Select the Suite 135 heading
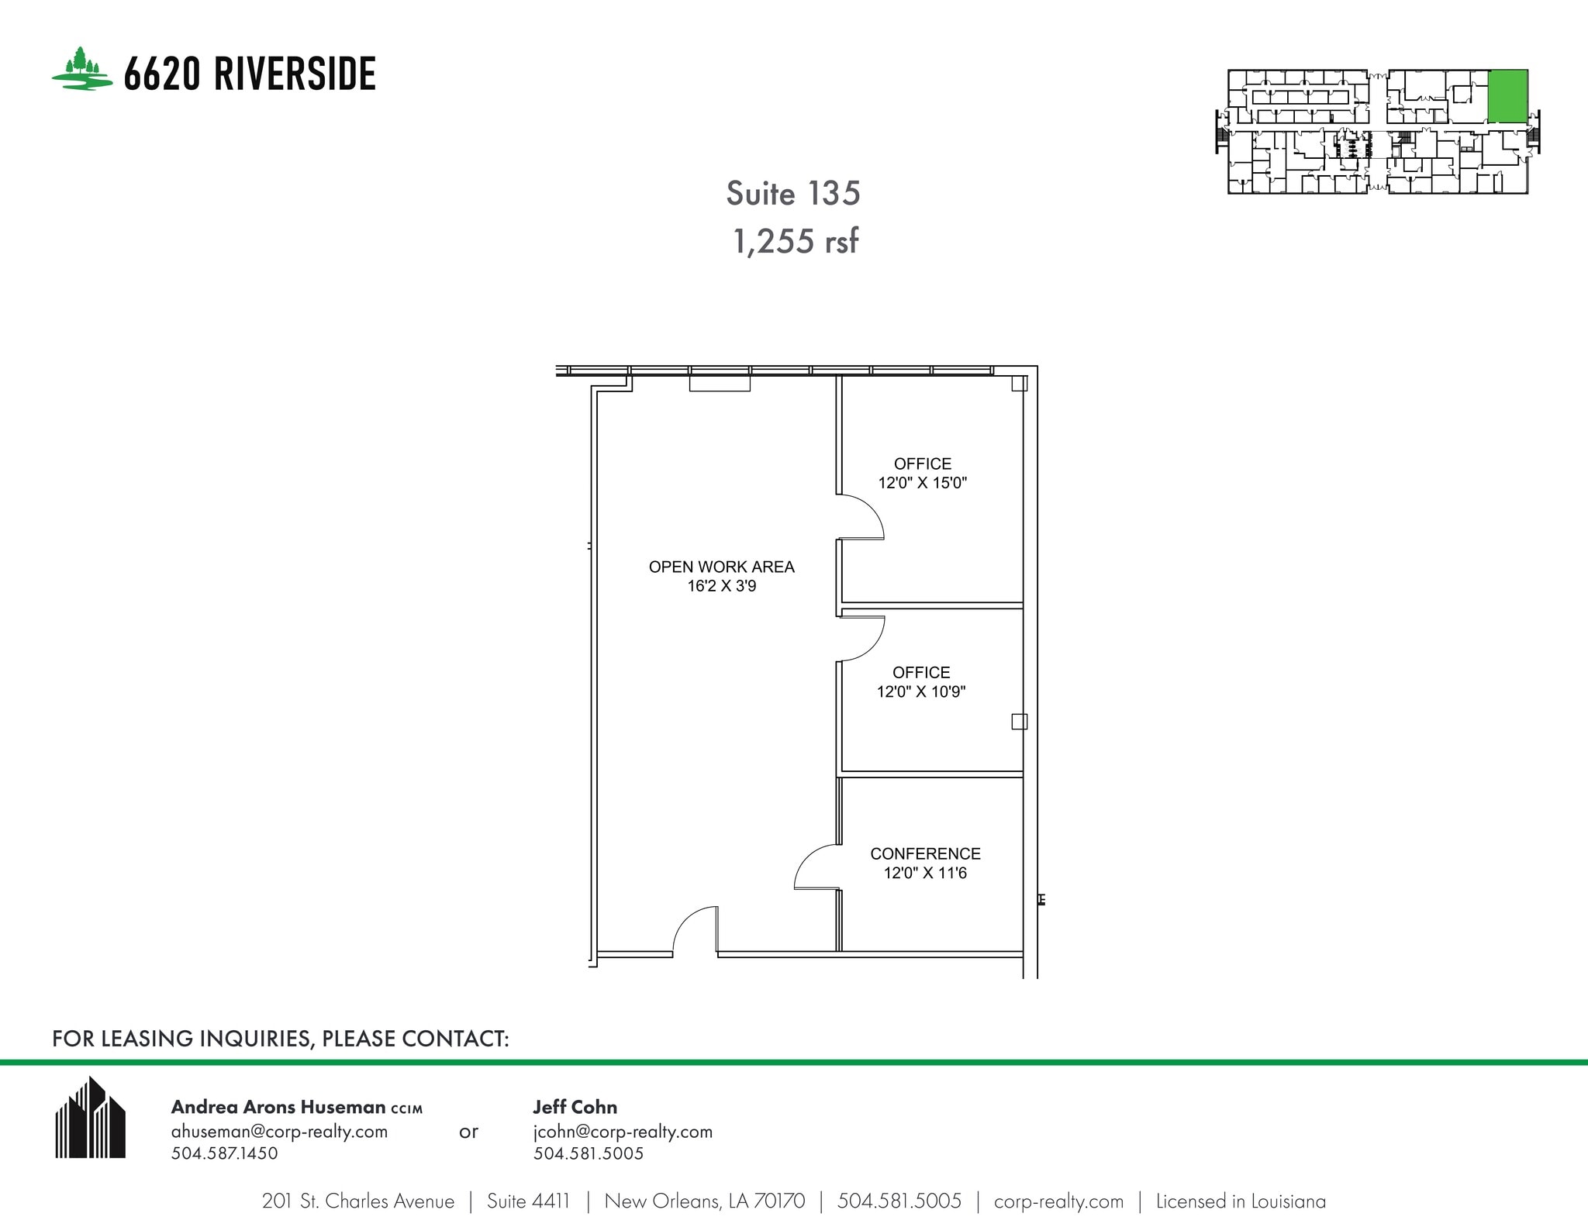(x=792, y=194)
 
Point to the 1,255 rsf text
(x=796, y=242)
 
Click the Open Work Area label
(x=721, y=567)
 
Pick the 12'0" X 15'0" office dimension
(x=922, y=483)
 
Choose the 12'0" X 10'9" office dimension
(x=920, y=691)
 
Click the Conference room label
(x=925, y=853)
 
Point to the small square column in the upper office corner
(x=1019, y=384)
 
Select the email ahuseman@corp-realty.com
(x=279, y=1131)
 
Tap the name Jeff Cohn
(x=575, y=1107)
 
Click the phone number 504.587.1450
(x=224, y=1153)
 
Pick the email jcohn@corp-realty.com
(x=623, y=1131)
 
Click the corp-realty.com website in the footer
(x=1058, y=1201)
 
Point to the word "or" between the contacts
(x=468, y=1132)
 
